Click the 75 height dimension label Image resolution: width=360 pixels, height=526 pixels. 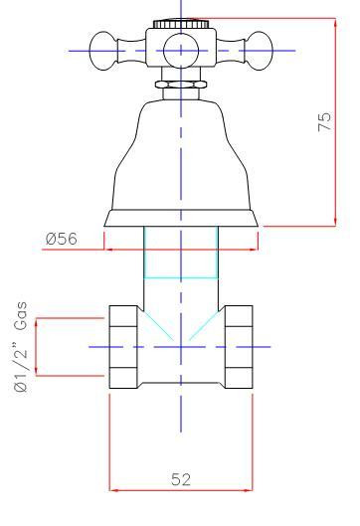pos(324,121)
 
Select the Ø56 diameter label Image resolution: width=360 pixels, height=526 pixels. pos(62,239)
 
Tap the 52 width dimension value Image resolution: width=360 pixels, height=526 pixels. pos(181,479)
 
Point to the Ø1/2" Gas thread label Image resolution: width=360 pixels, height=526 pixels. pos(21,347)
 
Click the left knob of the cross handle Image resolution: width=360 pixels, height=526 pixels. pos(103,51)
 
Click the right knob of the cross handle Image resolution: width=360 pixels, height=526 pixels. pos(259,51)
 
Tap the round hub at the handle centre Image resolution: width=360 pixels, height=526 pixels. pos(181,51)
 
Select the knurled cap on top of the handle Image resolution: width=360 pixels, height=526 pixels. pos(181,24)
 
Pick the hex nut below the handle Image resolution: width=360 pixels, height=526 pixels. pos(181,84)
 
